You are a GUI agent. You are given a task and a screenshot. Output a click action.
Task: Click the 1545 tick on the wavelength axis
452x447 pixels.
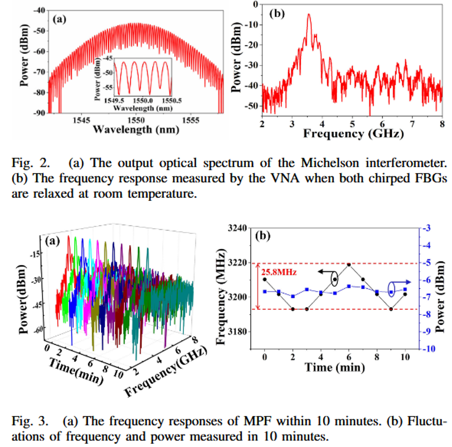[x=81, y=120]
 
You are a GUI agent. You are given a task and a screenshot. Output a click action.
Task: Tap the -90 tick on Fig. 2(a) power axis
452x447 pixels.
[x=39, y=113]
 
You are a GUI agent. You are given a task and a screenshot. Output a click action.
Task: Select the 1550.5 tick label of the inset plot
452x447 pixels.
[x=171, y=101]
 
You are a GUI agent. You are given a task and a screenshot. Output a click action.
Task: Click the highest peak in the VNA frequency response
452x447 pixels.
[x=309, y=15]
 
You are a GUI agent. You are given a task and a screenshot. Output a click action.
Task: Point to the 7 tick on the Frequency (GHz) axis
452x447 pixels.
[x=412, y=124]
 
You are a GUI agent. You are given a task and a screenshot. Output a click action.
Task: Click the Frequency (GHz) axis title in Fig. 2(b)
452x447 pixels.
[x=353, y=134]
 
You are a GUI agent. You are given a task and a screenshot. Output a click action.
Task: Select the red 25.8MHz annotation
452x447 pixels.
[x=279, y=272]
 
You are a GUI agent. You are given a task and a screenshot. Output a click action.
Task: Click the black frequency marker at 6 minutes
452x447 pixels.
[x=349, y=264]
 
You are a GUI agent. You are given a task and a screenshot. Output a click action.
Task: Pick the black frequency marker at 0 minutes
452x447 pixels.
[x=265, y=279]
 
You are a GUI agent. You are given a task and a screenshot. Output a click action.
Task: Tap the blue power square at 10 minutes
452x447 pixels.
[x=405, y=289]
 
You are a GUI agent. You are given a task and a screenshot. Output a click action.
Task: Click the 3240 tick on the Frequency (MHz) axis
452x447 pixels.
[x=237, y=228]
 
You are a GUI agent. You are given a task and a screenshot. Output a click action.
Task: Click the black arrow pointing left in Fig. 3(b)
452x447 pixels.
[x=324, y=272]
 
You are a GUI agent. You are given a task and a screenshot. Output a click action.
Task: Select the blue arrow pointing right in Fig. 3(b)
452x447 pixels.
[x=405, y=282]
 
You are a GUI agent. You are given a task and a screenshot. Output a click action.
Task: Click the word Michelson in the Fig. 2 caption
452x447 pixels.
[x=330, y=163]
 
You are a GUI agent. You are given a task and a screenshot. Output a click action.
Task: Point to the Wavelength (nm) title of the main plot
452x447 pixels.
[x=136, y=130]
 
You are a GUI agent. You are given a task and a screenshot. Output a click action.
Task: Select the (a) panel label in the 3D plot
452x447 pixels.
[x=52, y=241]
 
